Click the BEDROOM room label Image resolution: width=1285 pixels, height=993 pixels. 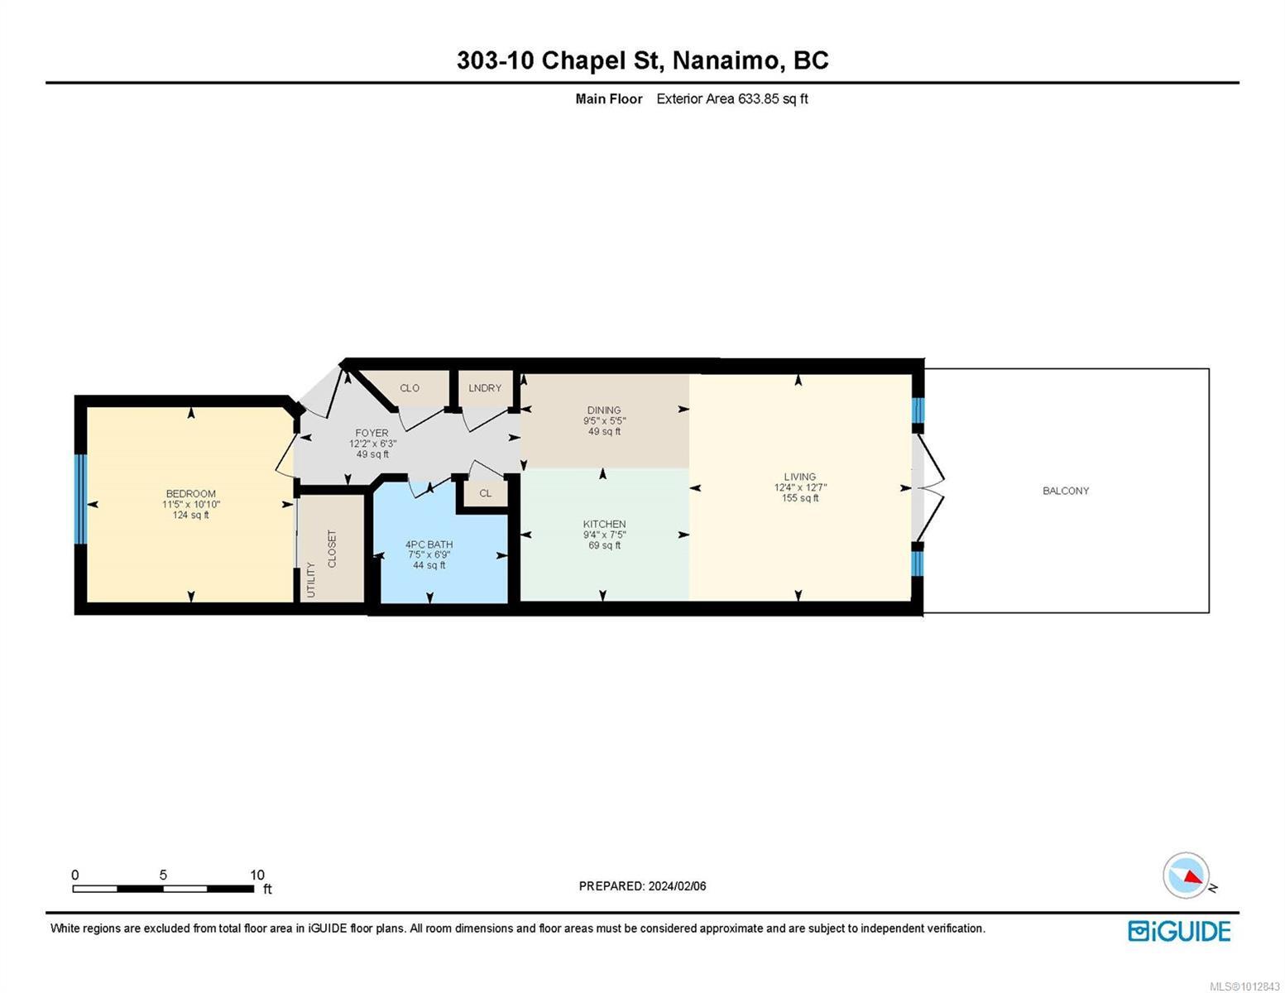point(190,494)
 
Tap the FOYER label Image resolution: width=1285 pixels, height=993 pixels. point(372,433)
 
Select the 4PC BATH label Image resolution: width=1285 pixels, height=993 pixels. point(429,544)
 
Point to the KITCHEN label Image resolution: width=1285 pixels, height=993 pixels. point(604,524)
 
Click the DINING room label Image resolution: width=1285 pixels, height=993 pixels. point(604,410)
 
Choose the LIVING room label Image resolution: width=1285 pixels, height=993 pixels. point(800,477)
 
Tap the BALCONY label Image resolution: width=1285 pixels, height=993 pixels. point(1066,491)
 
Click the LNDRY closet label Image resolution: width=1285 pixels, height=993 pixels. point(485,388)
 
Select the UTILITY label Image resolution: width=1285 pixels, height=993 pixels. point(311,579)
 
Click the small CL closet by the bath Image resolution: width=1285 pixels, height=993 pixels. point(486,493)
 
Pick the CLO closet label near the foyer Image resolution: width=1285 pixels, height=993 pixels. point(410,388)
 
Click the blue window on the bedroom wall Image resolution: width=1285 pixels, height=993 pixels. point(80,499)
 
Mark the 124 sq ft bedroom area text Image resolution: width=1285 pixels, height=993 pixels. point(190,516)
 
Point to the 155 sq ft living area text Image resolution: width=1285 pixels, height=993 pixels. point(800,498)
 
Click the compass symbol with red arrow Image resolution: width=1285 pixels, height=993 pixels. point(1187,875)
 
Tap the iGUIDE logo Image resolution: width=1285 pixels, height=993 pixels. point(1179,931)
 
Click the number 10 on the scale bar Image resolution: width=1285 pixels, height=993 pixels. point(257,875)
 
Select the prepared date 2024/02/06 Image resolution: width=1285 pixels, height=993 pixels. point(677,886)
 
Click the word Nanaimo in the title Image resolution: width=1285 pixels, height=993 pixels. point(725,60)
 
